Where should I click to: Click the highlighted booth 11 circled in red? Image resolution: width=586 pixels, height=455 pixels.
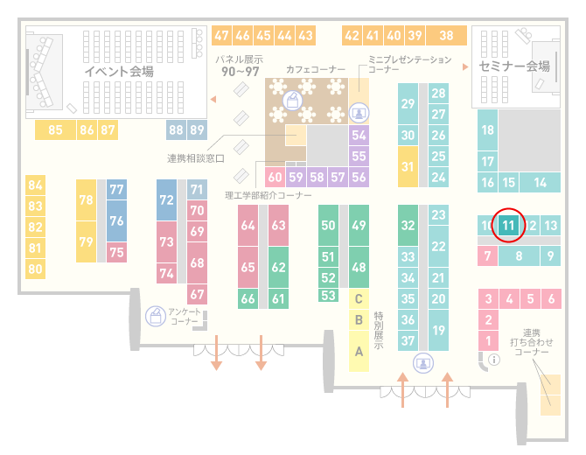(508, 225)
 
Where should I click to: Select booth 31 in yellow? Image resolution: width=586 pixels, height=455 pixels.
(408, 166)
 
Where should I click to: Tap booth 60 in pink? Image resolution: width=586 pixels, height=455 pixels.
(275, 177)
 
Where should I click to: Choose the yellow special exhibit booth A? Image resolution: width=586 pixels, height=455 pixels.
(359, 351)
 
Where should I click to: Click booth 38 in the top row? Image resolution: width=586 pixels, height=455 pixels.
(447, 36)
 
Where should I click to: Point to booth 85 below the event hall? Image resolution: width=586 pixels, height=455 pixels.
(55, 129)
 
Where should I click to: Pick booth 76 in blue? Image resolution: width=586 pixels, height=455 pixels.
(116, 220)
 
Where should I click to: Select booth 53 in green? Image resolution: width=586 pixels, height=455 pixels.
(329, 296)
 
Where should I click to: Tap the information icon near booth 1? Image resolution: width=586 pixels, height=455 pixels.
(494, 360)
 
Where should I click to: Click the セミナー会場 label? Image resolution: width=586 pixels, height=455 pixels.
(514, 66)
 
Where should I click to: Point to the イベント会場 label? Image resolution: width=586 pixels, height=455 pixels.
(119, 71)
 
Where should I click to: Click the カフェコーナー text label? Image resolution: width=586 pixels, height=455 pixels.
(316, 69)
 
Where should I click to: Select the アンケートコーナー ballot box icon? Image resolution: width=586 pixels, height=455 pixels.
(156, 316)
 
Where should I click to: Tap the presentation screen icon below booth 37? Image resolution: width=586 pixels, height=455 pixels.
(423, 363)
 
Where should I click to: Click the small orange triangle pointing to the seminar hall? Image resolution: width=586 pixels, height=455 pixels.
(465, 66)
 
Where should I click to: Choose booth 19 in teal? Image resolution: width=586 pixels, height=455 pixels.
(438, 330)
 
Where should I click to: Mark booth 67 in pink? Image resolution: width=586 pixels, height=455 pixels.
(197, 294)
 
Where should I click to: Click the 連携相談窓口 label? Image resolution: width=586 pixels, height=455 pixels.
(196, 158)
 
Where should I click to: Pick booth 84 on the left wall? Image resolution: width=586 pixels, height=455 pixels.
(36, 185)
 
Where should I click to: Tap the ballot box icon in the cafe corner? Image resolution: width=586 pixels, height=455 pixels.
(292, 101)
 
